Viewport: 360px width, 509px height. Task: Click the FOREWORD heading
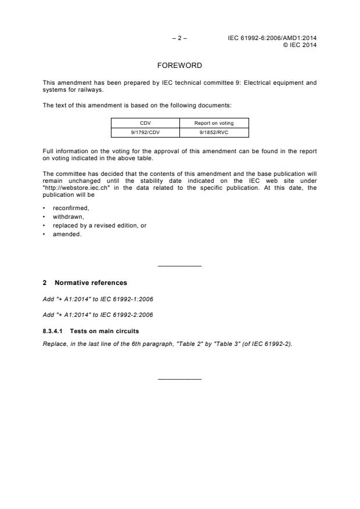click(179, 66)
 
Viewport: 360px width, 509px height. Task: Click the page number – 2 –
click(179, 38)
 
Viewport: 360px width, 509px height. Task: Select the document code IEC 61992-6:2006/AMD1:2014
click(272, 38)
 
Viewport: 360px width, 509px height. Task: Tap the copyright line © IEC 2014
click(299, 45)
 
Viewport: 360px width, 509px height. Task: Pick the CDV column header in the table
click(145, 123)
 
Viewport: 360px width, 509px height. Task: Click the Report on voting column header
click(214, 123)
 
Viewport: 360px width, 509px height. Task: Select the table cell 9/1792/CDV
click(145, 132)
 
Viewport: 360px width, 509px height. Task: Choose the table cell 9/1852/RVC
click(214, 132)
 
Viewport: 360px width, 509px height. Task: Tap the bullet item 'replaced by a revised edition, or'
click(99, 225)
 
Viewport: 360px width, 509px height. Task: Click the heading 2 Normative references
click(85, 283)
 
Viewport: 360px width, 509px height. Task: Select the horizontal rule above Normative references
click(179, 266)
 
